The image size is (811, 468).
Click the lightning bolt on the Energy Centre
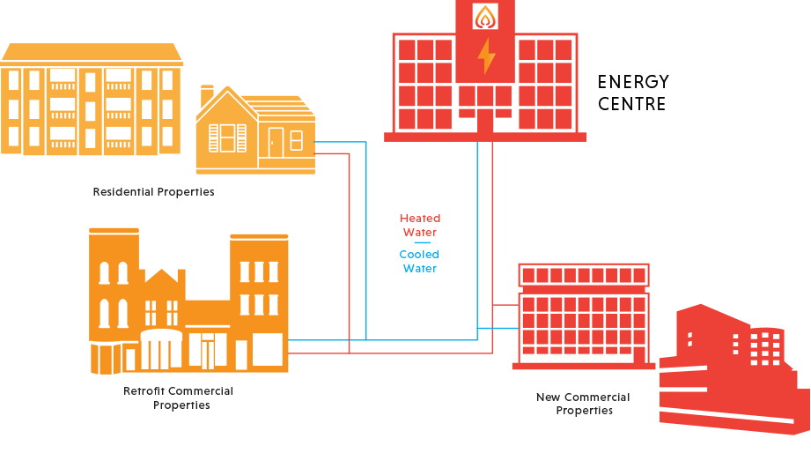tap(486, 56)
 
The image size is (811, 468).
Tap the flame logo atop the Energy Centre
tap(485, 17)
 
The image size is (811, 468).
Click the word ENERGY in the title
tap(633, 82)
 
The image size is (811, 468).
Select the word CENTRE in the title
tap(631, 103)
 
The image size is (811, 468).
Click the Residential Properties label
tap(153, 191)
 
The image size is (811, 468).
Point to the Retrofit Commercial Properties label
tap(179, 398)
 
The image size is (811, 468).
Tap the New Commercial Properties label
tap(583, 404)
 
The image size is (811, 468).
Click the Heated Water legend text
tap(420, 226)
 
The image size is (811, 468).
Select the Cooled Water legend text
tap(419, 262)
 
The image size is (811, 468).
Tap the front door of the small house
tap(275, 143)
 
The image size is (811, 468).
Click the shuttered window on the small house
tap(227, 138)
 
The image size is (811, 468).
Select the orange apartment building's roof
tap(92, 54)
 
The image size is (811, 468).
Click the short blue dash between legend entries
tap(422, 242)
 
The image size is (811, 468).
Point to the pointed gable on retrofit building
tap(162, 275)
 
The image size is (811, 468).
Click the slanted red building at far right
tap(734, 369)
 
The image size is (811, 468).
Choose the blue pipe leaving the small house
tap(366, 241)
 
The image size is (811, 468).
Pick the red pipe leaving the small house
tap(349, 254)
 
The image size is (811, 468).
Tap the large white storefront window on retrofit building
tap(268, 349)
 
